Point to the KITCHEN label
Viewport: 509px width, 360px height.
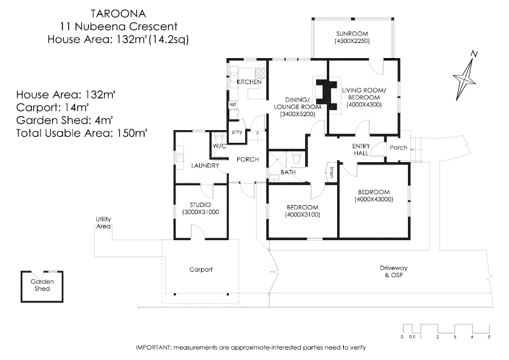coord(249,82)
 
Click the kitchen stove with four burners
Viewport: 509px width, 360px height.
coord(260,72)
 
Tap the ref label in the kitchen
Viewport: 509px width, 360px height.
coord(232,105)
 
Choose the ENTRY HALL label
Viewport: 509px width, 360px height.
coord(361,149)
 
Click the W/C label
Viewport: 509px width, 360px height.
coord(218,146)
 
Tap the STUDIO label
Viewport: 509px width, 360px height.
coord(200,205)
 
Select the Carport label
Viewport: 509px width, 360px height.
coord(200,269)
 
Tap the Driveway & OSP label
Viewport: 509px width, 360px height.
coord(393,271)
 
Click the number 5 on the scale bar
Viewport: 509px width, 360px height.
coord(488,336)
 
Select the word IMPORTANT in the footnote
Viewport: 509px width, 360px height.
coord(154,348)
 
